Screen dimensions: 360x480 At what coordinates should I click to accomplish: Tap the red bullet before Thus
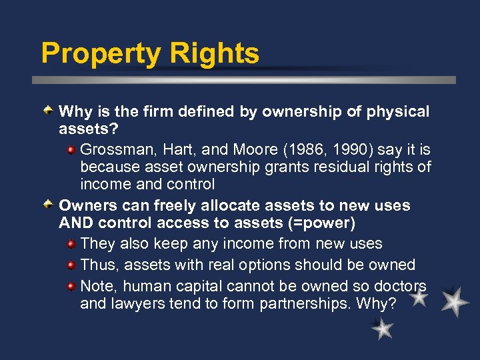[x=71, y=265]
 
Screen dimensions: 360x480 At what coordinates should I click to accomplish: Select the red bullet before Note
[x=71, y=286]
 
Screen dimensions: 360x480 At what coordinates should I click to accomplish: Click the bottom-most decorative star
[x=382, y=328]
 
